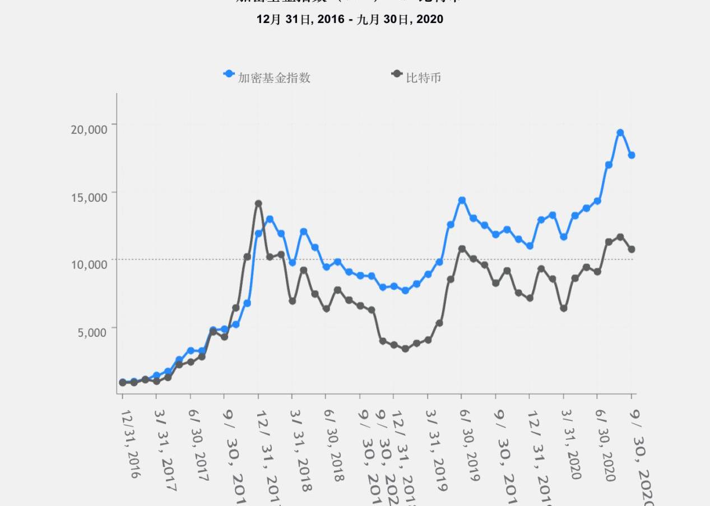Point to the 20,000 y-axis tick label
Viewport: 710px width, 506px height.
89,129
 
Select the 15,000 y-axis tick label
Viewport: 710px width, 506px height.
89,197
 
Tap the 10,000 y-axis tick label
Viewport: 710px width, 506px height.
89,264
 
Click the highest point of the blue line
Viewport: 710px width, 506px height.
620,133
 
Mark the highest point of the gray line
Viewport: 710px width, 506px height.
258,204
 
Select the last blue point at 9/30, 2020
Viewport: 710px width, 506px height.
632,155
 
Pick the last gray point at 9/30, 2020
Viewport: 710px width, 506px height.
632,249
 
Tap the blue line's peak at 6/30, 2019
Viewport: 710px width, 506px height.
462,200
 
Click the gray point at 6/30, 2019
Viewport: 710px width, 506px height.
462,248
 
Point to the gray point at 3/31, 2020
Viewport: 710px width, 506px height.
564,308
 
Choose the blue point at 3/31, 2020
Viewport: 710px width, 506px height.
564,237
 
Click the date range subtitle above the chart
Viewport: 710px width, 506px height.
350,20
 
